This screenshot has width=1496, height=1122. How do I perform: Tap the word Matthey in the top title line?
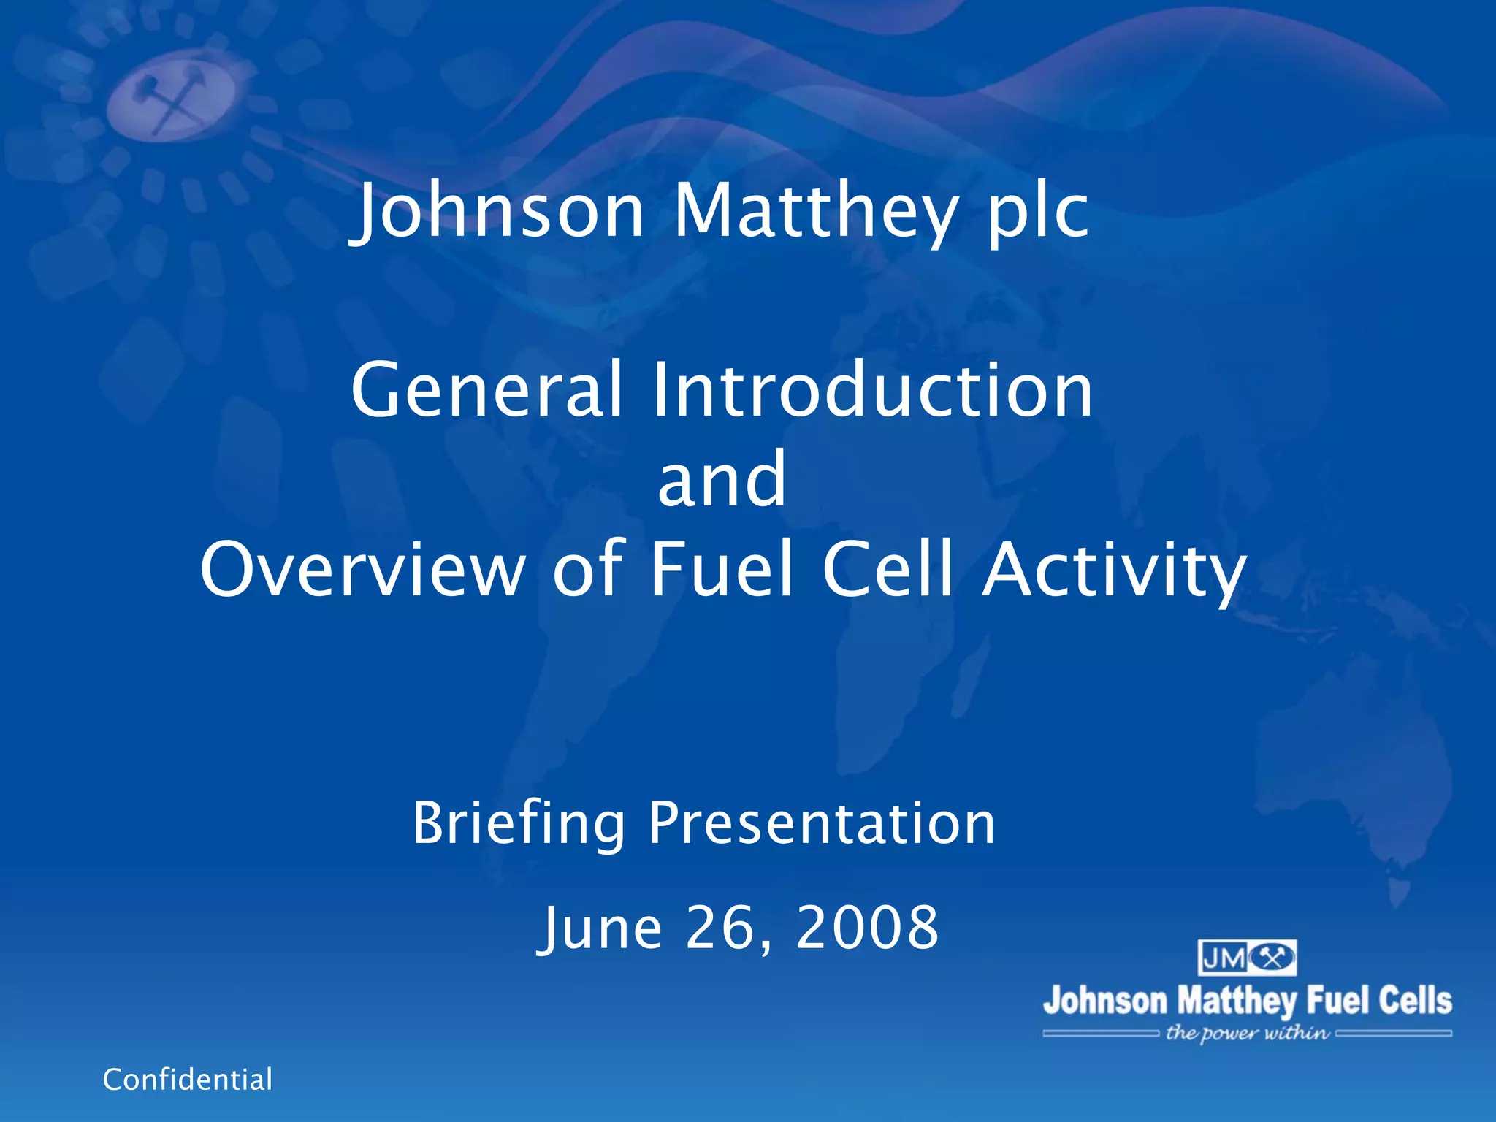(814, 212)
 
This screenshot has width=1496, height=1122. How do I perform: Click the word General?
(486, 390)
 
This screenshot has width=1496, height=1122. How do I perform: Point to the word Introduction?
(872, 390)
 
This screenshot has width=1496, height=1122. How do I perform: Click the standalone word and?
(722, 480)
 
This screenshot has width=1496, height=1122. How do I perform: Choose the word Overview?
(363, 570)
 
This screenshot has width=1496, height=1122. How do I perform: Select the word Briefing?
(519, 823)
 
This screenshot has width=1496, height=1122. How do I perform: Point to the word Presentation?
(822, 823)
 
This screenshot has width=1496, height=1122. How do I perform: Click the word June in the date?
(601, 928)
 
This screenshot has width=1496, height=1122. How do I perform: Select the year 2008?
(867, 928)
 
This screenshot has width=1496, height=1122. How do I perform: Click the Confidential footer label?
(188, 1080)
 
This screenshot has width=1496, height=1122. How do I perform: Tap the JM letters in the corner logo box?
(1224, 958)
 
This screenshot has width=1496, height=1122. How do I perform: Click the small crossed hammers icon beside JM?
(1272, 958)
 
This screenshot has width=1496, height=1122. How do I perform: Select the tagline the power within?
(1247, 1033)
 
